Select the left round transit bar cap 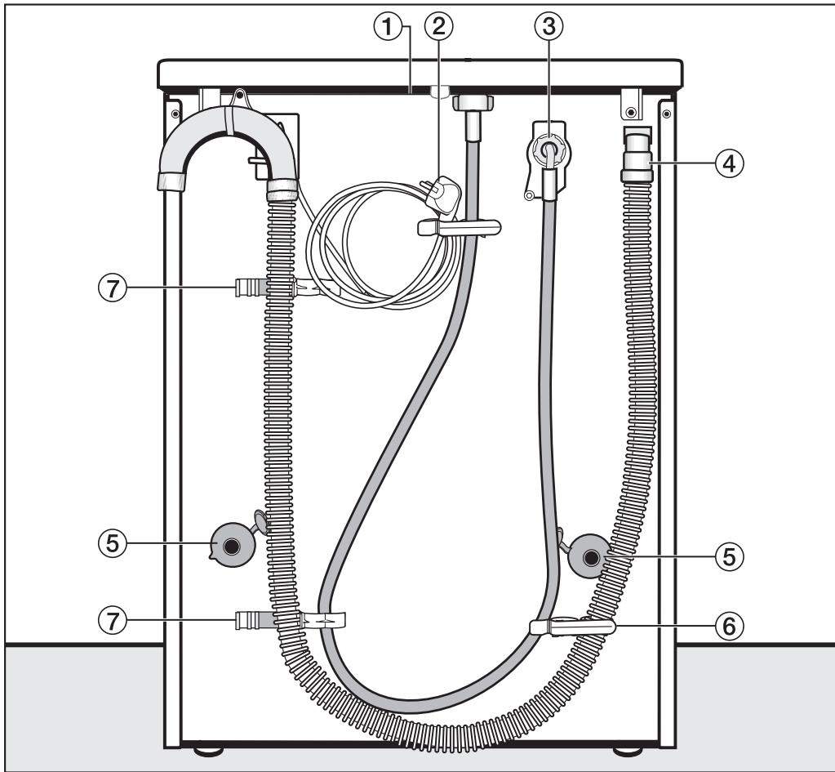coord(232,547)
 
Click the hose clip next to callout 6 coord(571,627)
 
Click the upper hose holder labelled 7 coord(249,288)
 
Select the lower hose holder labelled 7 coord(249,620)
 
